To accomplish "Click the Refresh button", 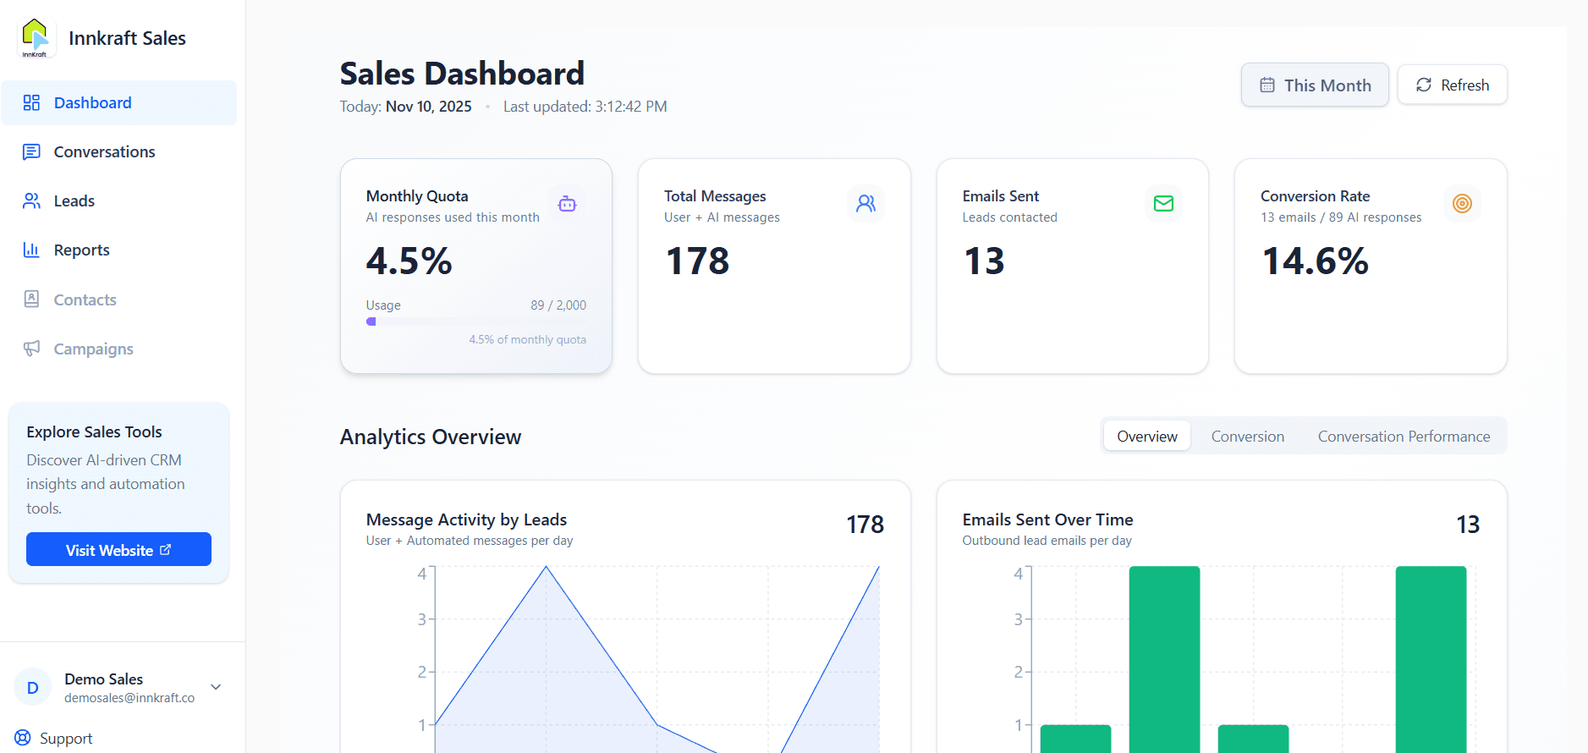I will pyautogui.click(x=1452, y=85).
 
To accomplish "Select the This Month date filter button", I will pyautogui.click(x=1314, y=85).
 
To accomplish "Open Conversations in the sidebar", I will pyautogui.click(x=104, y=152).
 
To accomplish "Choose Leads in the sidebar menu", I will pyautogui.click(x=74, y=201).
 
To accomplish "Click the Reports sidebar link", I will pyautogui.click(x=81, y=250).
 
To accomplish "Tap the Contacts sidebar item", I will pyautogui.click(x=85, y=300).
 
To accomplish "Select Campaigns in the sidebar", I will pyautogui.click(x=93, y=349).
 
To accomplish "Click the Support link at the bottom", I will pyautogui.click(x=65, y=739).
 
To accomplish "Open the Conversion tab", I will pyautogui.click(x=1247, y=437).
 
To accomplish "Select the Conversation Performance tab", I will pyautogui.click(x=1404, y=437).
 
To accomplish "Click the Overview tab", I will pyautogui.click(x=1146, y=437).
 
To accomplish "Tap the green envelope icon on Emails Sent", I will pyautogui.click(x=1163, y=204).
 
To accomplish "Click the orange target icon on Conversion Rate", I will pyautogui.click(x=1462, y=204).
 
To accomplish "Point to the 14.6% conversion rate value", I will pyautogui.click(x=1315, y=261).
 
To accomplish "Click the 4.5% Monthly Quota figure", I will pyautogui.click(x=409, y=261).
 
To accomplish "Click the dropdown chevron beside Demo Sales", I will pyautogui.click(x=216, y=687).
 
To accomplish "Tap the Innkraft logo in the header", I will pyautogui.click(x=36, y=38).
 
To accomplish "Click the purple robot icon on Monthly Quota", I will pyautogui.click(x=567, y=204).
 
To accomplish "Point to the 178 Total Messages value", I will pyautogui.click(x=697, y=261).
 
